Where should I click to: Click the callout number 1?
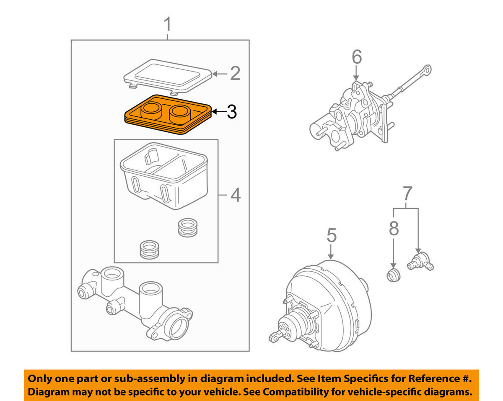click(x=167, y=25)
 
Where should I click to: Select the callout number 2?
click(x=235, y=74)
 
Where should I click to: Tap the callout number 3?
click(x=231, y=112)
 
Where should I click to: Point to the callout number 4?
click(x=236, y=195)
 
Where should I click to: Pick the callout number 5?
click(x=331, y=236)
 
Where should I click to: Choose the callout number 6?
click(x=356, y=57)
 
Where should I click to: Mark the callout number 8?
click(x=393, y=229)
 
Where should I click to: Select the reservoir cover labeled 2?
click(x=168, y=75)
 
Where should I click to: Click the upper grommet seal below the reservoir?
click(x=187, y=227)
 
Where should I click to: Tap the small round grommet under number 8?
click(x=393, y=275)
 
